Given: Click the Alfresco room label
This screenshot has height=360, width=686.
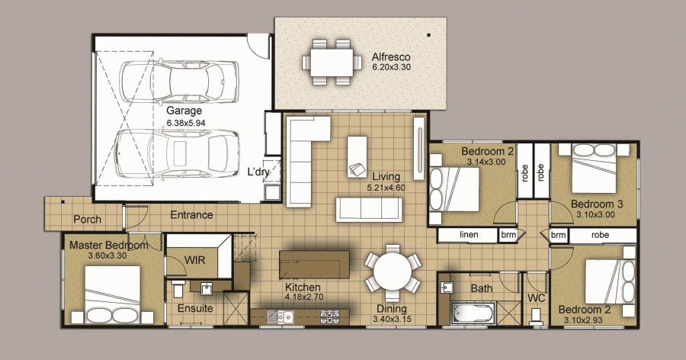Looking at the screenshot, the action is coord(391,57).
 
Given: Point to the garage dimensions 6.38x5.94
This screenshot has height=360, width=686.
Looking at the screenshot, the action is coord(186,123).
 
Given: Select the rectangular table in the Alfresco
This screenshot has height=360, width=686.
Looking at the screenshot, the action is coord(332,63).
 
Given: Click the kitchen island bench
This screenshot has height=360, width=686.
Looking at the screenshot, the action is coord(314,264).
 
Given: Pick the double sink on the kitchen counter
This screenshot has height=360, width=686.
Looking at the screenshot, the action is coord(281,317).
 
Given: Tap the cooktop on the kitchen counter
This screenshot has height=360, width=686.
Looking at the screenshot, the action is coord(329,317).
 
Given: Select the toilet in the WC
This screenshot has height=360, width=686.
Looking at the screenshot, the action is coord(536,317).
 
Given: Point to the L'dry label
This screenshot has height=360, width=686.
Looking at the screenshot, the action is coord(258,172).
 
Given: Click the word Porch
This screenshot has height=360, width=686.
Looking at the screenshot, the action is coord(87,220).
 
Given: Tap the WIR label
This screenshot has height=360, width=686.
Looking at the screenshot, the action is coord(194,260).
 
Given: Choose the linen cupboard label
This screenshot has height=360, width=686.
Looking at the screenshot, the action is coord(469,235).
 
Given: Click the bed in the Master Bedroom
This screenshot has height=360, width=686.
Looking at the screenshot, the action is coord(113,294).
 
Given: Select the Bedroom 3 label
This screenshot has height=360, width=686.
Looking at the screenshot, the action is coord(597,204).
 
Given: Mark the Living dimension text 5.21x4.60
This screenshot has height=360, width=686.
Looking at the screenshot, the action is coord(386,188).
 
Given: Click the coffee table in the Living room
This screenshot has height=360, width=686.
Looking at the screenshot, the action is coord(357,157).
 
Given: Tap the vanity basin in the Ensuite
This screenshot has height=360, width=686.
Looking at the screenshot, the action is coord(207,288).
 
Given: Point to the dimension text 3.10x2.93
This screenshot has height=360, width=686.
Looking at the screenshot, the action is coord(583,320).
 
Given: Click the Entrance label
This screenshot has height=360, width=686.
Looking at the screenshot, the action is coord(191,215).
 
